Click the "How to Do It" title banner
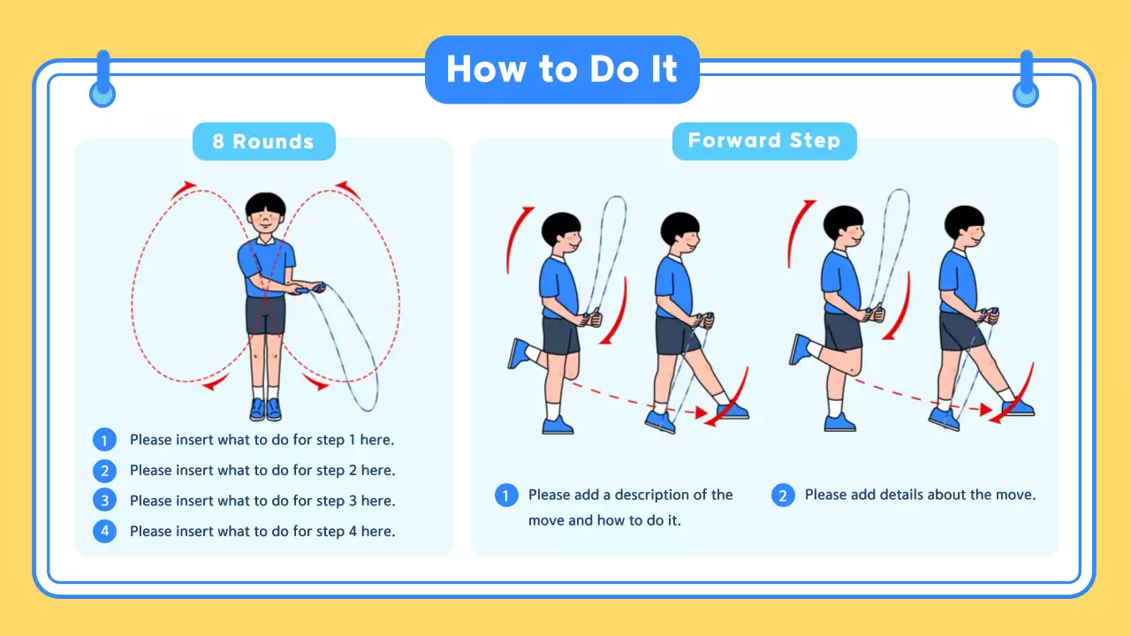tap(562, 70)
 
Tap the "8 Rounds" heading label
tap(263, 141)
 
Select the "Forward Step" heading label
tap(764, 140)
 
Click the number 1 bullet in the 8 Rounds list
tap(104, 440)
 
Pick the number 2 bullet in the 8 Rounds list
tap(104, 471)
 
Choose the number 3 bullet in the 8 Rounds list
tap(104, 501)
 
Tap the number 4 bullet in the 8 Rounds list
tap(104, 532)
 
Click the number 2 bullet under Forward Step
tap(782, 496)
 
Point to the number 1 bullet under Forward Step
tap(505, 496)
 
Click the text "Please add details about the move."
tap(920, 495)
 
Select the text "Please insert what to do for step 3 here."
tap(262, 501)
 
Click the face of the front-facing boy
tap(266, 222)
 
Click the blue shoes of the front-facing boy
tap(265, 409)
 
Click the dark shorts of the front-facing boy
tap(265, 316)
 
